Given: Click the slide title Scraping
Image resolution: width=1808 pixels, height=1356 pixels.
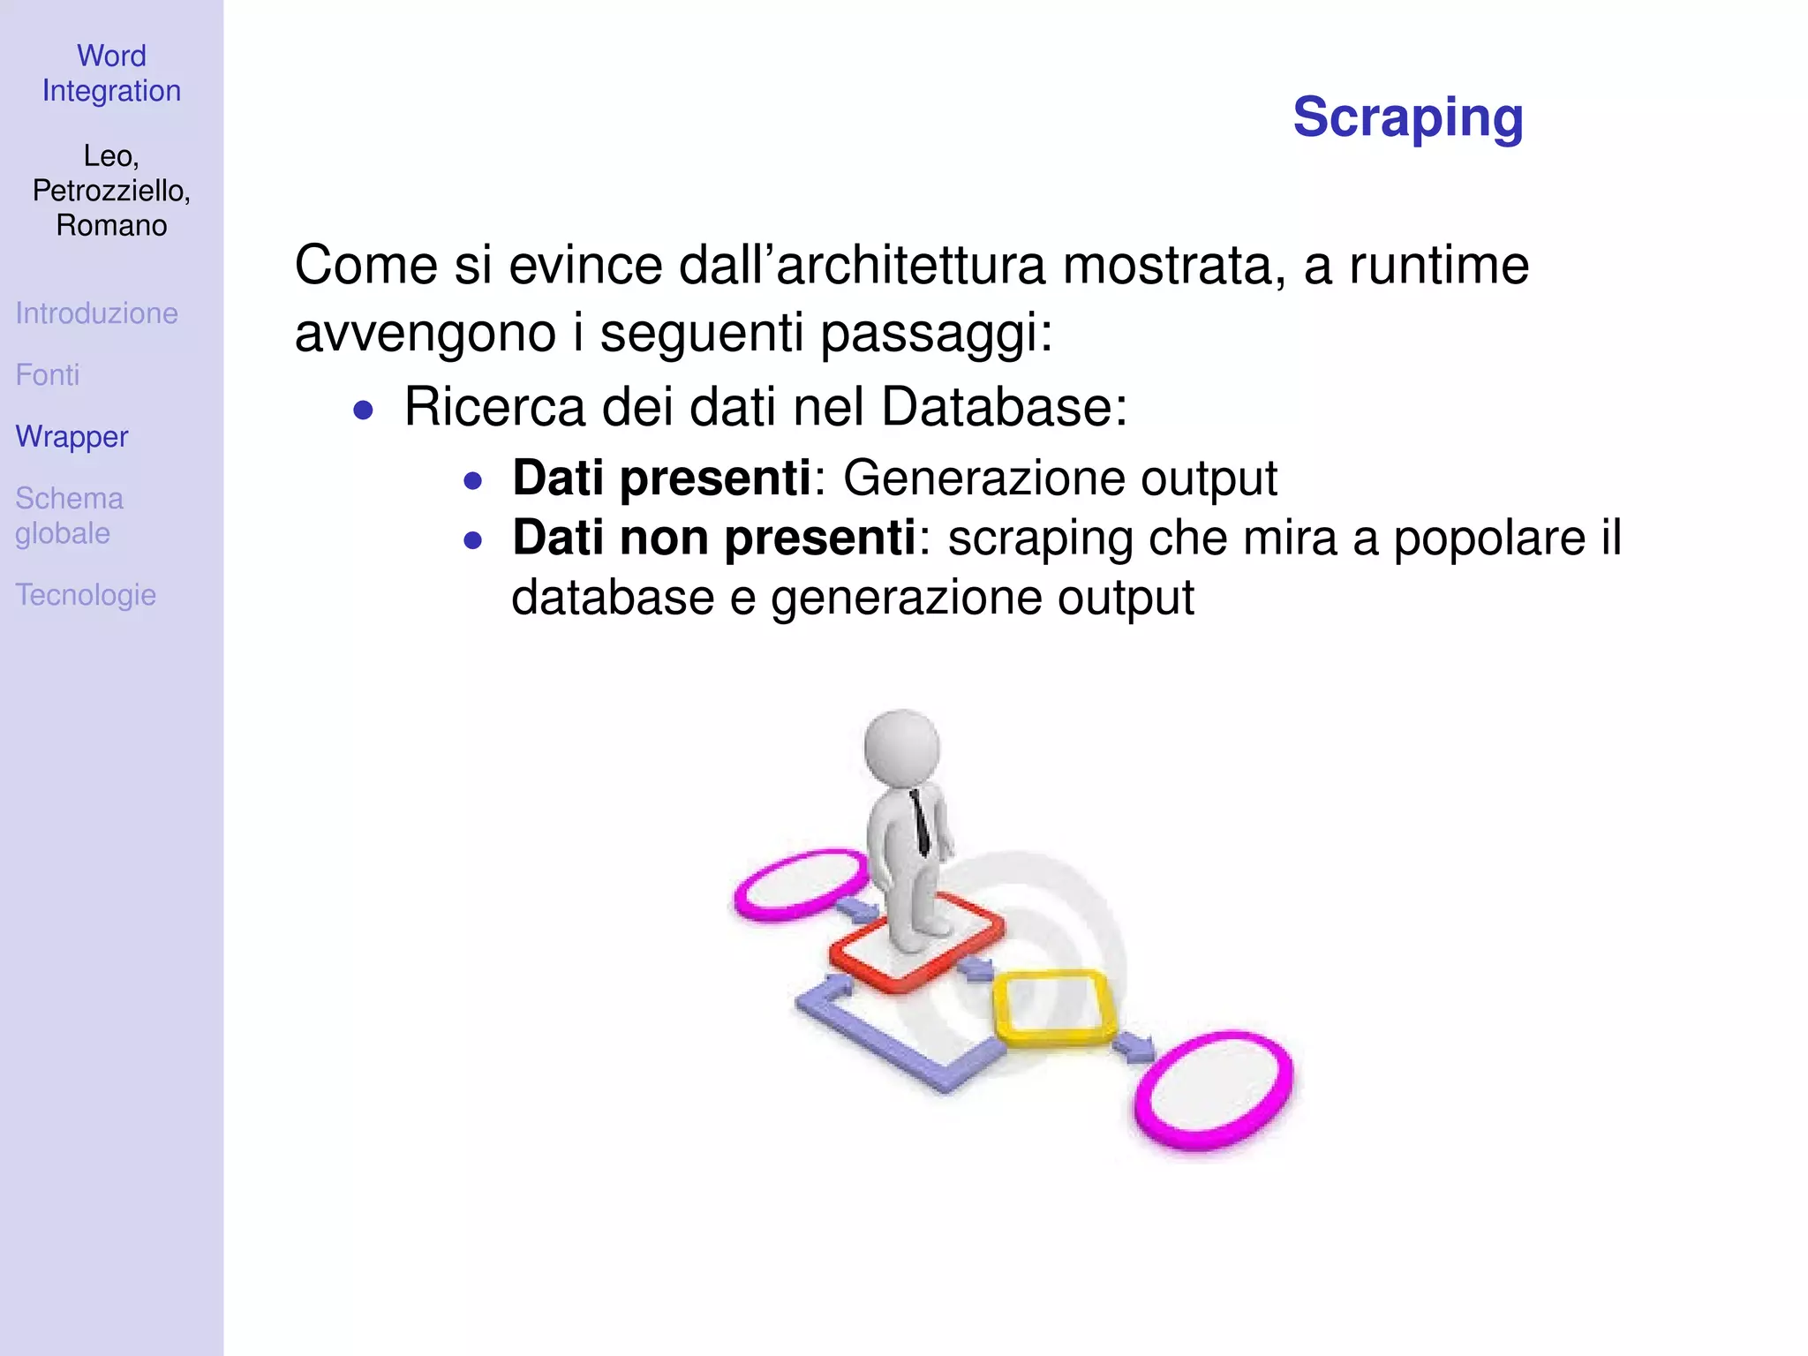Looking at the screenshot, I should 1407,117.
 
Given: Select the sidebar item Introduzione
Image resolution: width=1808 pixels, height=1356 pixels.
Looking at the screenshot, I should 96,313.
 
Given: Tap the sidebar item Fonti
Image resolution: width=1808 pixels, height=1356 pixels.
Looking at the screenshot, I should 48,375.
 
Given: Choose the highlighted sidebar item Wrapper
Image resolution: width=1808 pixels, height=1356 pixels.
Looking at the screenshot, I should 72,437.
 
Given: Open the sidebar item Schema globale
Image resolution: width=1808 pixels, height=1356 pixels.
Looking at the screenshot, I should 69,516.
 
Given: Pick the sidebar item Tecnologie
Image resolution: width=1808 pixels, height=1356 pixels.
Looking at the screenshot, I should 86,595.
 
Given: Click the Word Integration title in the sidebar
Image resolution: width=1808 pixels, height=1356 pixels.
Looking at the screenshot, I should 111,73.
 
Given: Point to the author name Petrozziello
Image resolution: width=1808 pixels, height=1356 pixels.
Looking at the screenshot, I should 111,191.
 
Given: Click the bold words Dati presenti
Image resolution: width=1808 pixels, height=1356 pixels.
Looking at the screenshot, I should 661,478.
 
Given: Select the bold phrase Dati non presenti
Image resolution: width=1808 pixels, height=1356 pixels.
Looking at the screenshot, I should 714,538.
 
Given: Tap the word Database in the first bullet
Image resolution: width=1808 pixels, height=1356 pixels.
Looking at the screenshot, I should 1004,407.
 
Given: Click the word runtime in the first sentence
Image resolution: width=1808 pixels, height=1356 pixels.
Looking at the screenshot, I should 1439,265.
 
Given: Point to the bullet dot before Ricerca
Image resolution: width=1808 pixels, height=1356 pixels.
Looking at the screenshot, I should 363,410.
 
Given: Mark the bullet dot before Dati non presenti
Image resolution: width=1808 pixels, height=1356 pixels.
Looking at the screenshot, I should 473,540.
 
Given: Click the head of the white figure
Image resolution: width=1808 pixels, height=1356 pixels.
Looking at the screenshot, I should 901,747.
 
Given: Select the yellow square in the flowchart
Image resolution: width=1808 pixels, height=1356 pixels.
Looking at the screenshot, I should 1054,1008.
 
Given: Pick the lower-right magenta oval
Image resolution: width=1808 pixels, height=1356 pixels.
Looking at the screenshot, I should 1214,1090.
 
